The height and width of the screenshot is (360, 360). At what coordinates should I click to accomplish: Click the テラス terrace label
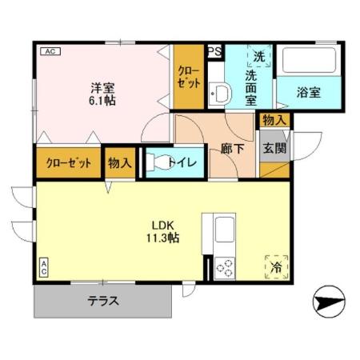(x=103, y=302)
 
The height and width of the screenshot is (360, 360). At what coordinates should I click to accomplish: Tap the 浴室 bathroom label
(x=310, y=92)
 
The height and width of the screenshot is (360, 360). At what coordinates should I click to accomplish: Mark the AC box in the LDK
(x=43, y=266)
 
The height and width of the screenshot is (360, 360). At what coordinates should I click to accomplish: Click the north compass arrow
(x=330, y=303)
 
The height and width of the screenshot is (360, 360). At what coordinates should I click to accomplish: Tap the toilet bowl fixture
(x=162, y=162)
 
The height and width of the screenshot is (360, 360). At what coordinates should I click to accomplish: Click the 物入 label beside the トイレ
(x=120, y=163)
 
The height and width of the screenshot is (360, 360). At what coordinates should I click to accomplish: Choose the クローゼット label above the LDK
(x=67, y=163)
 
